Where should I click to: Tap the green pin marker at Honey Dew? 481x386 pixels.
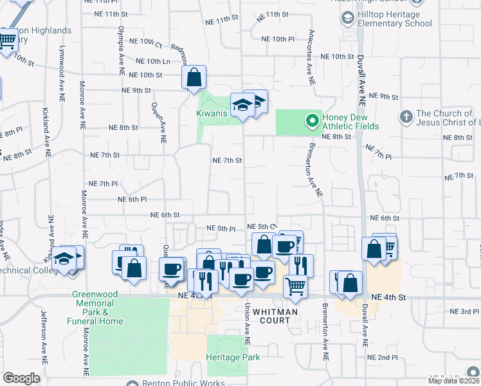(x=312, y=120)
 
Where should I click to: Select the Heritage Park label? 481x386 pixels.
(x=233, y=357)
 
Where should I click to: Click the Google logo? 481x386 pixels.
(x=21, y=378)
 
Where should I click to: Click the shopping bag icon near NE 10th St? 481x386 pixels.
(x=194, y=78)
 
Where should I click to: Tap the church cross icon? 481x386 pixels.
(x=405, y=117)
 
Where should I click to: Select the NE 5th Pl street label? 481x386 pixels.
(x=221, y=228)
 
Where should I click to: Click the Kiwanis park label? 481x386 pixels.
(x=212, y=114)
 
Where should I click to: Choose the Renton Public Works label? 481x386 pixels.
(x=183, y=383)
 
